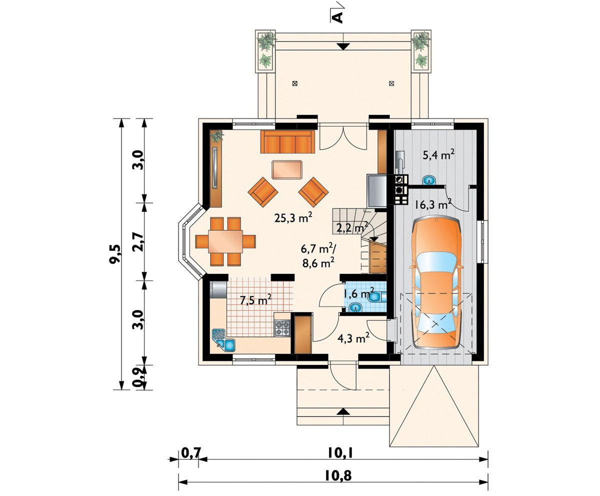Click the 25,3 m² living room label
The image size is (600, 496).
pyautogui.click(x=293, y=217)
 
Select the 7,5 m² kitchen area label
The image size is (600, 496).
pyautogui.click(x=255, y=300)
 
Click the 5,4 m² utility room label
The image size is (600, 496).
pyautogui.click(x=438, y=155)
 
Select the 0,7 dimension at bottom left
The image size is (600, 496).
pyautogui.click(x=190, y=453)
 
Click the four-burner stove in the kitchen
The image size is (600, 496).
pyautogui.click(x=282, y=328)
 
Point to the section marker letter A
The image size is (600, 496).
pyautogui.click(x=338, y=16)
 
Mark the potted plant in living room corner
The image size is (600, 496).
pyautogui.click(x=216, y=135)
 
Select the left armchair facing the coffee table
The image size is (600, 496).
pyautogui.click(x=262, y=191)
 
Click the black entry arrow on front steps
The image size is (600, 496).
pyautogui.click(x=342, y=411)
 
